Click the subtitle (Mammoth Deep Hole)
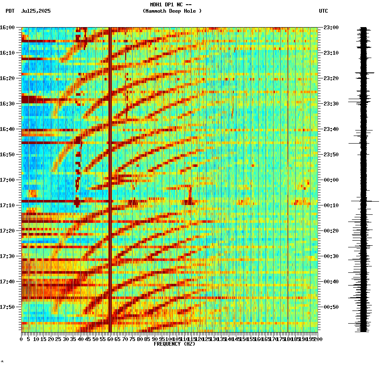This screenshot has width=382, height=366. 172,11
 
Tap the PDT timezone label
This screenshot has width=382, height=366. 10,11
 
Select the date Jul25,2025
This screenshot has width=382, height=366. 36,11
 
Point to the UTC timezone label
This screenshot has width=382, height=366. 324,11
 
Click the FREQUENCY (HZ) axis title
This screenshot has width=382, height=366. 174,344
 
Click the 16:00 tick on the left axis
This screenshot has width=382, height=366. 8,28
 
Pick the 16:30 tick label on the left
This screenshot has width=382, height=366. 8,104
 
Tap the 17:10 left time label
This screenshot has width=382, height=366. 8,205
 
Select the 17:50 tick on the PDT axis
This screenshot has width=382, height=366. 8,307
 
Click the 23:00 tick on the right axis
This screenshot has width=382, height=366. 330,28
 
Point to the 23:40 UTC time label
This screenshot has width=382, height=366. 330,129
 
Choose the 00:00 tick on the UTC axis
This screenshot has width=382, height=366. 330,180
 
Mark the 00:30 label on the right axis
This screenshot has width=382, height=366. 330,256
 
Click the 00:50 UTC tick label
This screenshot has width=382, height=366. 330,307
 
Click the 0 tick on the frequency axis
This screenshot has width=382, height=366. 22,339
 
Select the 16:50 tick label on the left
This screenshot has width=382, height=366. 8,155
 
